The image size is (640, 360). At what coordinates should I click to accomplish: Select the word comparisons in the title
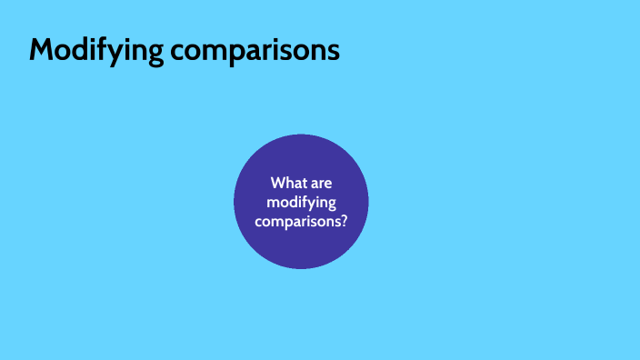pos(255,51)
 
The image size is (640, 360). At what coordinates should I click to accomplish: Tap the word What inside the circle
pos(287,184)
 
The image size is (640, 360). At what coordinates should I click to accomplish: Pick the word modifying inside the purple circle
pos(301,202)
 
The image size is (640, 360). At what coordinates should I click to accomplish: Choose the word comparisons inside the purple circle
pos(298,220)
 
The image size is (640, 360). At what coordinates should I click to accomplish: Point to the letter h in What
pos(289,184)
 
